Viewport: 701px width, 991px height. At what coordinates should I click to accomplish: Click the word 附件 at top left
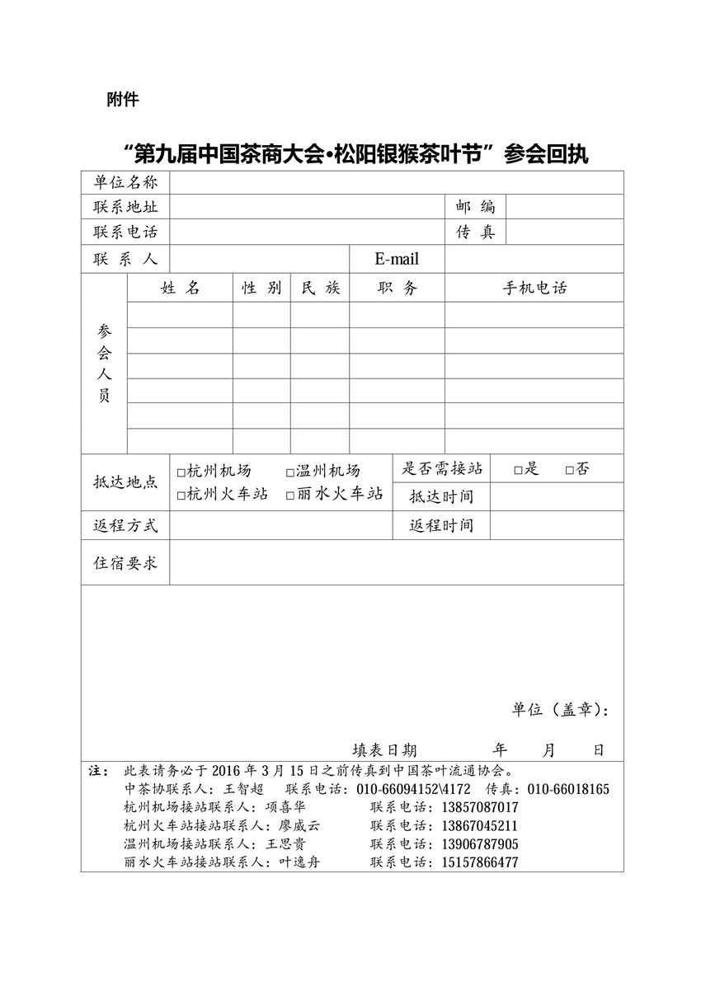(123, 100)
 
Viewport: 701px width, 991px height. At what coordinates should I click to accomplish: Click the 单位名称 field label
(125, 182)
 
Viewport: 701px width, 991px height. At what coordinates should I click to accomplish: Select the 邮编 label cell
(475, 206)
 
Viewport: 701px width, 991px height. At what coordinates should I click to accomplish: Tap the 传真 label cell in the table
(475, 232)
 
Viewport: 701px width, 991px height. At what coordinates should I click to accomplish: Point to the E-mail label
(397, 259)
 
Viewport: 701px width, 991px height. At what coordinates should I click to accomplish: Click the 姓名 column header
(180, 288)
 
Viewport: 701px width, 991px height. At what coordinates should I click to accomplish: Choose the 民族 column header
(320, 288)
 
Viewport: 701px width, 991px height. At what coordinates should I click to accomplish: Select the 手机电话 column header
(534, 288)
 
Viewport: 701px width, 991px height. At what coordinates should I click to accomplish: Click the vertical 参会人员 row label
(104, 363)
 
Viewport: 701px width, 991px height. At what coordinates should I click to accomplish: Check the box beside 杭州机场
(181, 472)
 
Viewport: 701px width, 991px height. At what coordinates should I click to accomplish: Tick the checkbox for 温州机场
(290, 472)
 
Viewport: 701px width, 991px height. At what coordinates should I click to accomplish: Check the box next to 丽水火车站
(290, 495)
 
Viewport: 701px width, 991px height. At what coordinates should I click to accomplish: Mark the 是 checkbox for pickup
(518, 471)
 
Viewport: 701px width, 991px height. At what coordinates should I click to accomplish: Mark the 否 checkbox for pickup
(570, 471)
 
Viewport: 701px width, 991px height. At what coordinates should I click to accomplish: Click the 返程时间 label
(441, 526)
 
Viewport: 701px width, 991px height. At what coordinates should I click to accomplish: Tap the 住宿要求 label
(125, 563)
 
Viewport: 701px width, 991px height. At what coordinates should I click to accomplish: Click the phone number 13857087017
(481, 807)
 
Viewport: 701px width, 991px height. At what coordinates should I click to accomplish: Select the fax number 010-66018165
(568, 789)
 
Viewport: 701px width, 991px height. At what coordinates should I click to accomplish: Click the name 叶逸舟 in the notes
(300, 862)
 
